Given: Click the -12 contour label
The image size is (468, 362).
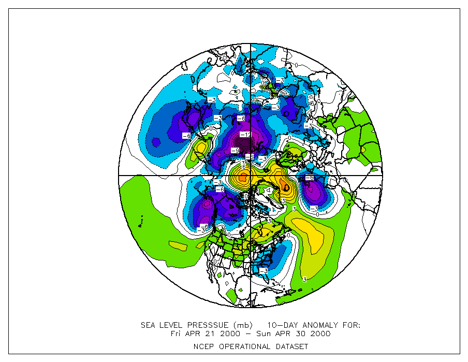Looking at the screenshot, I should coord(245,135).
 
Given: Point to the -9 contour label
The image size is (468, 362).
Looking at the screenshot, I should coord(235,151).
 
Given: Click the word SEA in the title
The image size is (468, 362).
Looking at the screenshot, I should coord(149,325).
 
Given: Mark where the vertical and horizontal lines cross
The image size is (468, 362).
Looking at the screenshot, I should coord(251,176).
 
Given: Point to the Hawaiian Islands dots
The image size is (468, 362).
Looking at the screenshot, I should coord(141,224).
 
